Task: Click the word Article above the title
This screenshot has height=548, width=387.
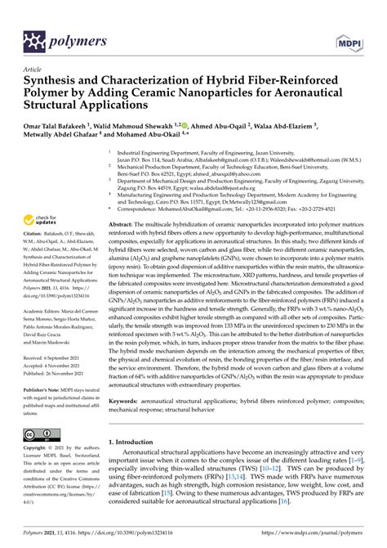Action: (35, 71)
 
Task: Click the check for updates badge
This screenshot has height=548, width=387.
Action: (42, 218)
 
